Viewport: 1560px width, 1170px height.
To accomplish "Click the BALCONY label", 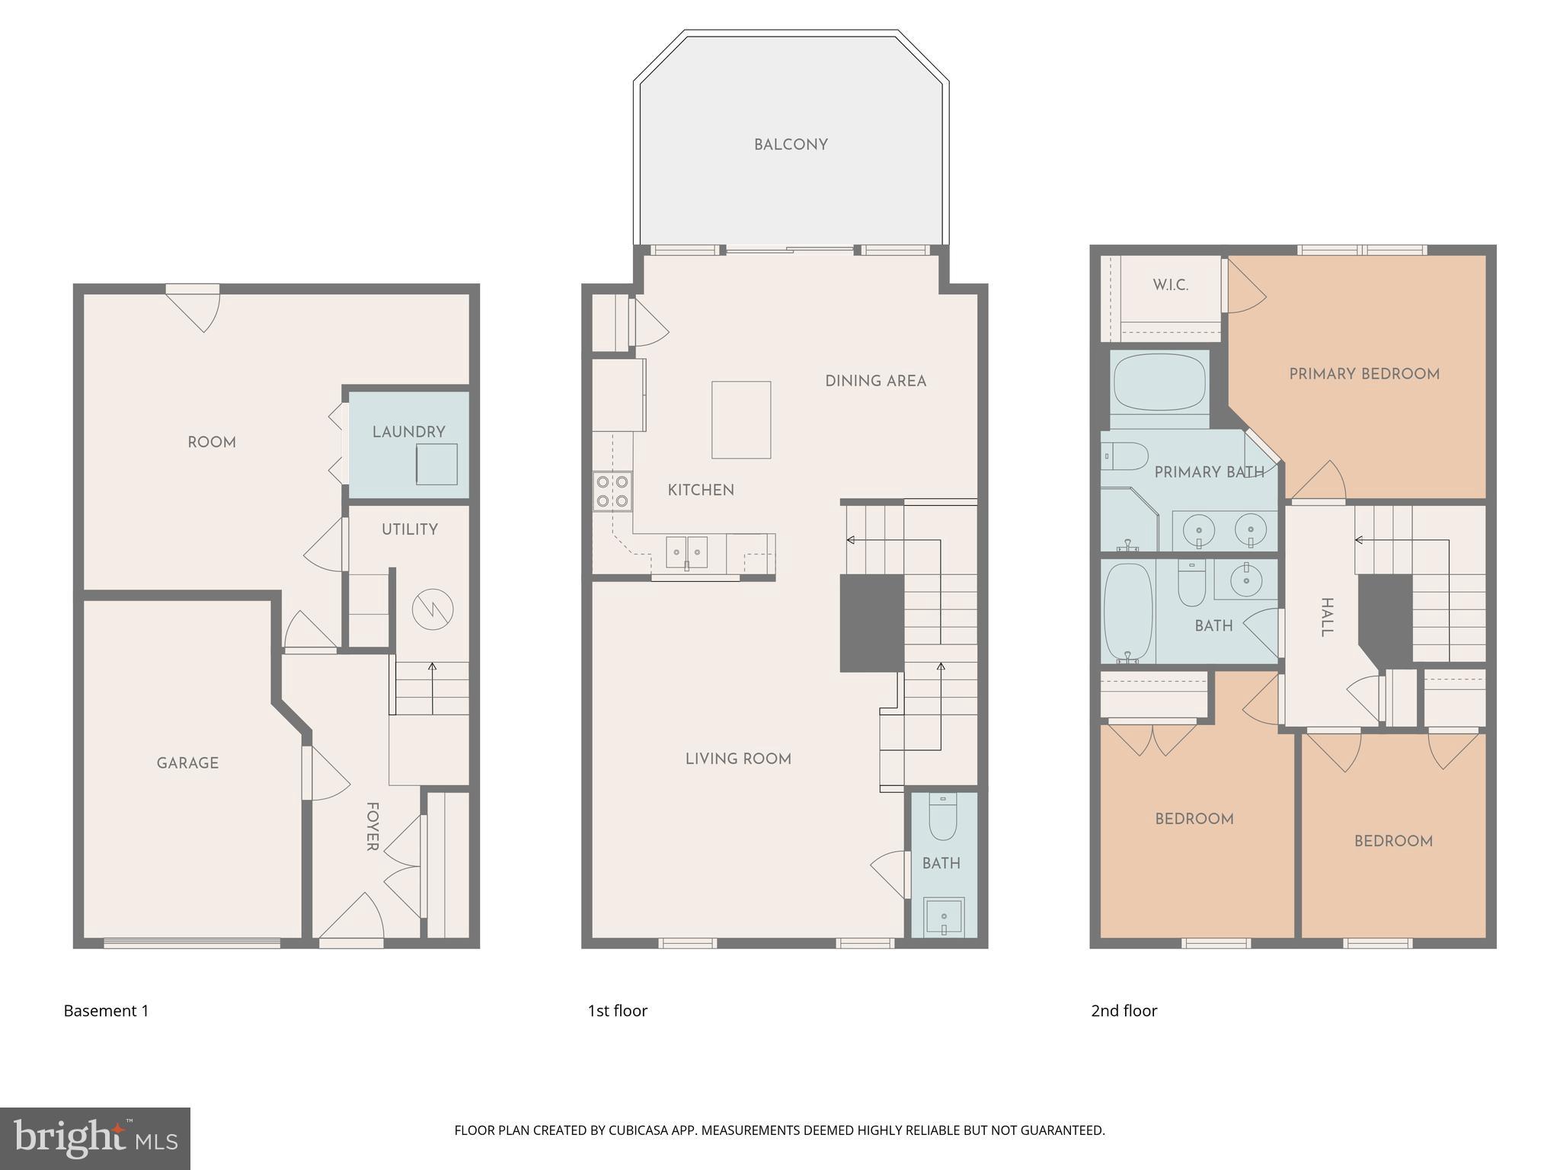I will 791,145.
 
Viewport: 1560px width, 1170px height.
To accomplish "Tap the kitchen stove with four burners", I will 612,491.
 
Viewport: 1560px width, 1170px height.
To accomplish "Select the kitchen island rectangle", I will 741,420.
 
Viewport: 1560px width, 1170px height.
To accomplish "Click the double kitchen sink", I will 686,552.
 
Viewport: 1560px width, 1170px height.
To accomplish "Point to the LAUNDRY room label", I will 408,432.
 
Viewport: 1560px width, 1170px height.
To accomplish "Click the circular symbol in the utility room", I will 433,609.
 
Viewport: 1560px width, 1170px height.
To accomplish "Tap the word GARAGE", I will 187,763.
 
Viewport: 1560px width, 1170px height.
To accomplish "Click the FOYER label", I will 372,826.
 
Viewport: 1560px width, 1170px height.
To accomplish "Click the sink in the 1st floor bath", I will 944,917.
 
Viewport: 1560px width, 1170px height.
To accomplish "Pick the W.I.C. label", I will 1170,286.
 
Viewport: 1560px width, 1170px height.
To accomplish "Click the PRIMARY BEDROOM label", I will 1364,374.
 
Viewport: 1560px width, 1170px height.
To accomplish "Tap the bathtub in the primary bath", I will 1159,382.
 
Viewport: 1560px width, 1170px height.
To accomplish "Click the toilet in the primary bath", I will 1126,457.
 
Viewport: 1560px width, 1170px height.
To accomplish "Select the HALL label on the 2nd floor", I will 1326,618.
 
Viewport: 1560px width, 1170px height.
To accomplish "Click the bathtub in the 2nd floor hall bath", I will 1128,612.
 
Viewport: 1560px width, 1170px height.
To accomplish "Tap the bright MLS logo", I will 95,1139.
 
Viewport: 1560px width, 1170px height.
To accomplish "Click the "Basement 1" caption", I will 106,1011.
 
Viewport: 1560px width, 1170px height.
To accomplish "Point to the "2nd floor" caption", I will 1124,1011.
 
